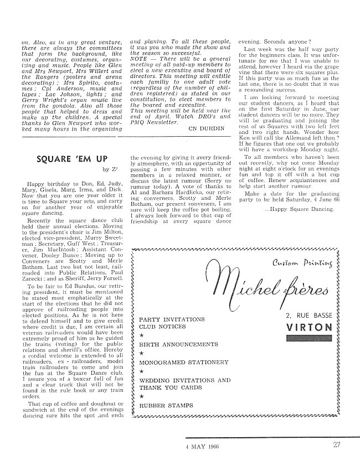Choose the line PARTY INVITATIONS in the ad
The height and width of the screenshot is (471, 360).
[x=172, y=319]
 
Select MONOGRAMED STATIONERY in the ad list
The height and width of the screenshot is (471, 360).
[x=184, y=362]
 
